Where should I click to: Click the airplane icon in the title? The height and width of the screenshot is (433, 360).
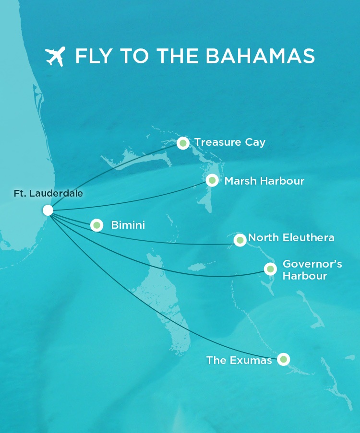pyautogui.click(x=55, y=57)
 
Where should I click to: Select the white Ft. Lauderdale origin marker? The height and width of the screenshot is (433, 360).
pyautogui.click(x=48, y=210)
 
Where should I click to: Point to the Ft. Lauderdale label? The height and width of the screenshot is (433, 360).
pyautogui.click(x=48, y=194)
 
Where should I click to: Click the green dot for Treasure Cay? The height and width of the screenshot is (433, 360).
pyautogui.click(x=183, y=143)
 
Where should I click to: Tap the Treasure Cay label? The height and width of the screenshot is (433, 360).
pyautogui.click(x=229, y=142)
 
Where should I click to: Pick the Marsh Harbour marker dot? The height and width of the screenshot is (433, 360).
pyautogui.click(x=212, y=180)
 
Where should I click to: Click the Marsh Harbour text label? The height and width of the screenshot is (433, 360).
pyautogui.click(x=264, y=181)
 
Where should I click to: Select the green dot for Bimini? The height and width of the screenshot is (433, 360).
pyautogui.click(x=97, y=225)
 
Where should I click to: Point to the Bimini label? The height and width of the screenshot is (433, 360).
pyautogui.click(x=128, y=225)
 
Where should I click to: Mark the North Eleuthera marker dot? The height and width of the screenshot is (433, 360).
pyautogui.click(x=240, y=240)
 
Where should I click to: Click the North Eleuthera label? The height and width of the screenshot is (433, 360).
pyautogui.click(x=291, y=238)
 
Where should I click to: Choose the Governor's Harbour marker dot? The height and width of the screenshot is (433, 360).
pyautogui.click(x=270, y=269)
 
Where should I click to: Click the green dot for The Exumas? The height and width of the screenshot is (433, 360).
pyautogui.click(x=283, y=359)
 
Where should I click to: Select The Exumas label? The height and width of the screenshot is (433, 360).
pyautogui.click(x=239, y=360)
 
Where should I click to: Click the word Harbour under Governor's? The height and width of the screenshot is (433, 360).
pyautogui.click(x=305, y=276)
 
